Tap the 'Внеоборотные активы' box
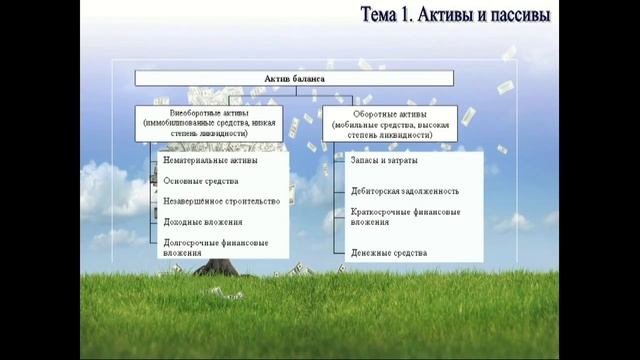208,121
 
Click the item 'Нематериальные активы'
209,159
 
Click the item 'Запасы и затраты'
384,159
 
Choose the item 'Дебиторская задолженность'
405,190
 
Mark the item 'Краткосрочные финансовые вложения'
405,217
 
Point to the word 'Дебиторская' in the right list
376,190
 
